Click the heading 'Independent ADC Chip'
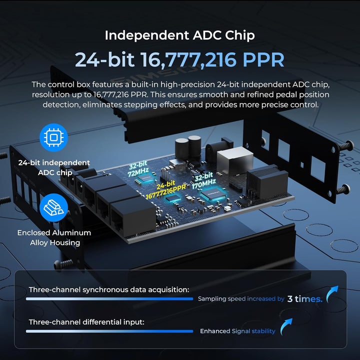(180, 35)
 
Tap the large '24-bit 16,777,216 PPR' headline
(179, 59)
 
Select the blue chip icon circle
(53, 137)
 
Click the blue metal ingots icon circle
(53, 207)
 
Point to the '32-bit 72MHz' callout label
(138, 169)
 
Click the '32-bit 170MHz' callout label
(203, 180)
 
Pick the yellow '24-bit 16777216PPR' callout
(166, 190)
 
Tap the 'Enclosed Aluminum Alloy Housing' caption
(54, 237)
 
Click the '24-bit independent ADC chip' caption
(54, 167)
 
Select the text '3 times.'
(305, 299)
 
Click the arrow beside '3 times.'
(331, 294)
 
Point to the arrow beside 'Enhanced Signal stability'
(286, 326)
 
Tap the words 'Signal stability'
(253, 331)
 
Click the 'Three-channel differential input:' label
(86, 322)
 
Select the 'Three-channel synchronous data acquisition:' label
(109, 289)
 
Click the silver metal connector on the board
(234, 161)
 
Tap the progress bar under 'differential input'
(109, 331)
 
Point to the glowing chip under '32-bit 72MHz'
(145, 178)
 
